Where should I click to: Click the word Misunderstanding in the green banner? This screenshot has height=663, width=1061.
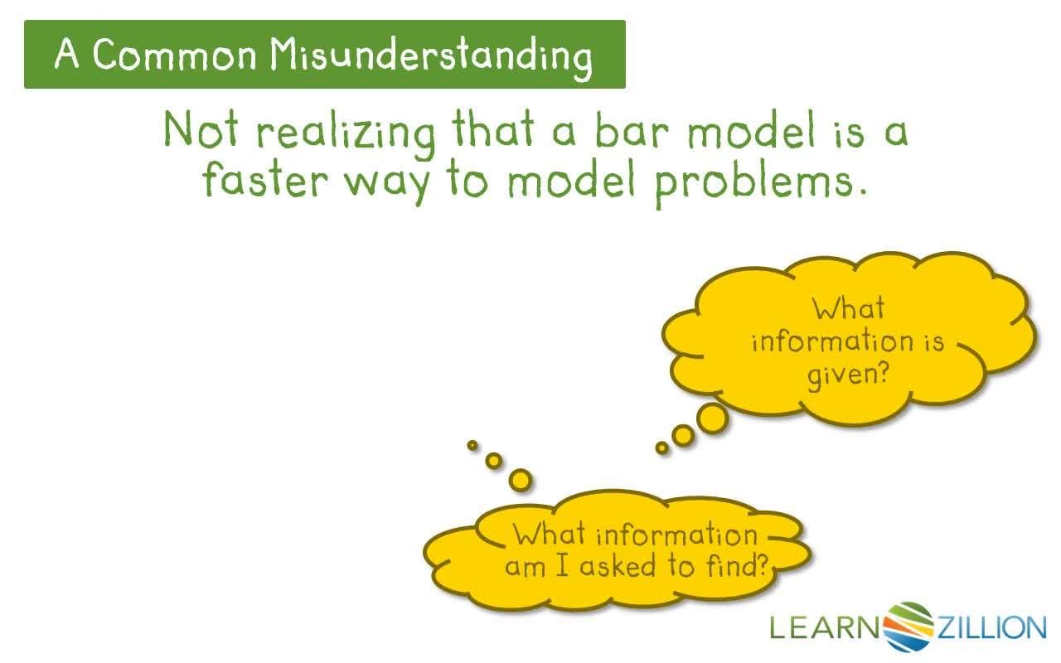tap(432, 56)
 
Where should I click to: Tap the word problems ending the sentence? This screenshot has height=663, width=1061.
tap(760, 181)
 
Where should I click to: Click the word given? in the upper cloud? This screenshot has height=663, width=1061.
tap(848, 375)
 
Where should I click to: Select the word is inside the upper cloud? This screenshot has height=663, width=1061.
tap(934, 341)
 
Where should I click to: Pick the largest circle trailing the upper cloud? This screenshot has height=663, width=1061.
tap(711, 419)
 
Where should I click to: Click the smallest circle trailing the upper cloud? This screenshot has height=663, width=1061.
tap(661, 448)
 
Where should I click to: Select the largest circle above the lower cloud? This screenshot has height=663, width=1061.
tap(520, 478)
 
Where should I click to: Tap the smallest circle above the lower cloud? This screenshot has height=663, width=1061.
tap(472, 445)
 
